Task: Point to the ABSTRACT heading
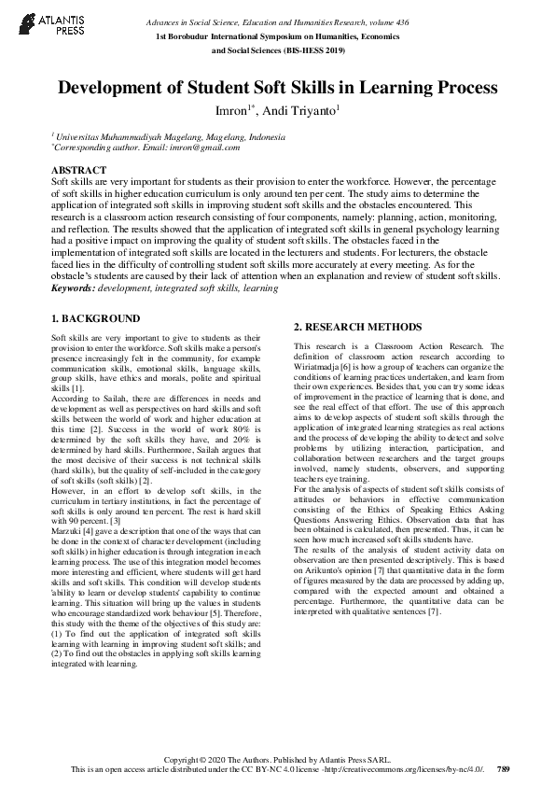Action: point(78,169)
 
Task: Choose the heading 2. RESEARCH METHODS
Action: point(357,327)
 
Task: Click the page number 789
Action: point(504,768)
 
